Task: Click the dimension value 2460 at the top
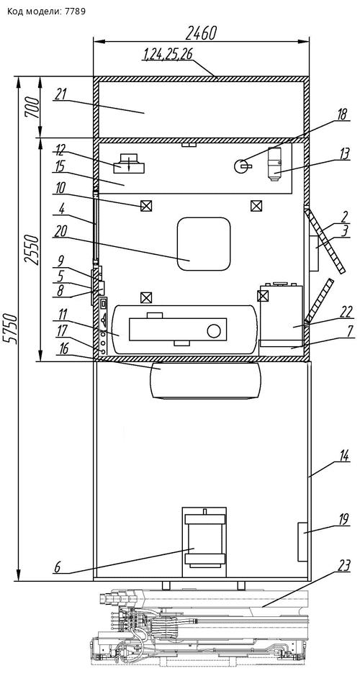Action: click(201, 32)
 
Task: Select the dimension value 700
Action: click(32, 107)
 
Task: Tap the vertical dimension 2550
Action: click(32, 249)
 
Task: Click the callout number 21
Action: click(60, 94)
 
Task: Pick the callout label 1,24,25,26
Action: click(168, 55)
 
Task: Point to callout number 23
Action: click(344, 564)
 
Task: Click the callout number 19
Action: click(344, 519)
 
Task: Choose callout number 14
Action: click(344, 455)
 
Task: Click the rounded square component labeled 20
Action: click(204, 243)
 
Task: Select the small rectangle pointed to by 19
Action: click(302, 542)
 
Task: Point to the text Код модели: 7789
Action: click(46, 11)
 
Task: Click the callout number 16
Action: click(64, 349)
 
